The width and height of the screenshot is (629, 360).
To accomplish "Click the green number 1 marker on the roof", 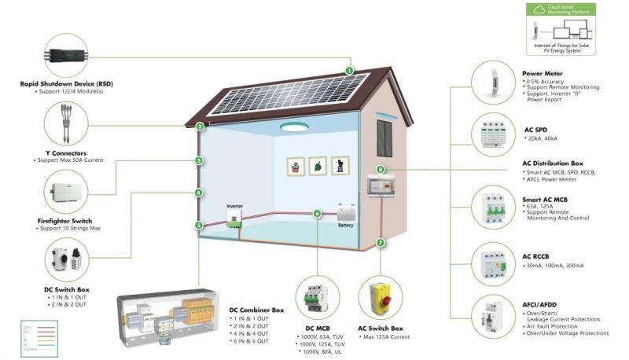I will (348, 71).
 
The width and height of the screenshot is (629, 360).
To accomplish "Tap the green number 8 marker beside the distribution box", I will (381, 169).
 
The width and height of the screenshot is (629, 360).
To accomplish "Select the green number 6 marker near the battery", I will (318, 213).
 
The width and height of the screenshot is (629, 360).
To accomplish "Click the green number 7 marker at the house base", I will (381, 244).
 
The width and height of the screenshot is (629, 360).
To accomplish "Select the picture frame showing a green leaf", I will (317, 167).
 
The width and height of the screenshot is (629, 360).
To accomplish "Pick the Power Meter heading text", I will (543, 73).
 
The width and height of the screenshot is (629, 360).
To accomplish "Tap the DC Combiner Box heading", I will (258, 310).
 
